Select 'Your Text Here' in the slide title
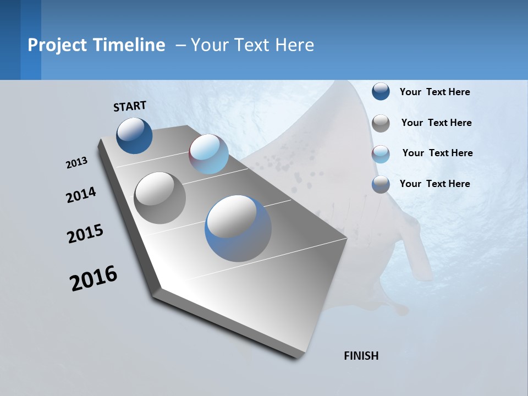tap(252, 45)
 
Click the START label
tap(130, 106)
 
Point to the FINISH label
tap(361, 356)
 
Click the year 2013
tap(77, 163)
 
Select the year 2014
tap(81, 195)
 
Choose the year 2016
tap(94, 278)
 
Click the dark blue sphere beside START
tap(134, 135)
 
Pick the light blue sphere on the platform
tap(208, 154)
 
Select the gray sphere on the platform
tap(159, 198)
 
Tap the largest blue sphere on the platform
tap(238, 228)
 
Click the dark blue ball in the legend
tap(381, 92)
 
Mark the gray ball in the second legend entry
tap(381, 123)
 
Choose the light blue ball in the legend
tap(381, 154)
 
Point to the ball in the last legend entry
tap(381, 184)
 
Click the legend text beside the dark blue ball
tap(435, 92)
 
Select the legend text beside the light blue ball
tap(437, 153)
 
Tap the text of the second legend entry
tap(436, 123)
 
